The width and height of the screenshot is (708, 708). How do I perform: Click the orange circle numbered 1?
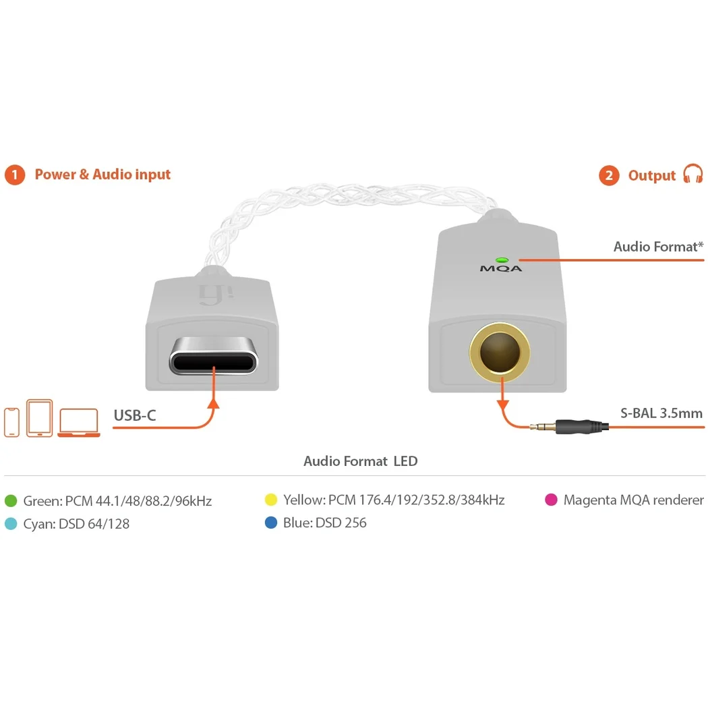(14, 175)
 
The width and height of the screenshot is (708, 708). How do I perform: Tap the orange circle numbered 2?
(609, 175)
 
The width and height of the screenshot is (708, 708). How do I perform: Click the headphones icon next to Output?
(693, 174)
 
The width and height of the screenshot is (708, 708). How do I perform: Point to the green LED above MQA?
(502, 260)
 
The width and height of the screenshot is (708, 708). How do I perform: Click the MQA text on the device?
(501, 268)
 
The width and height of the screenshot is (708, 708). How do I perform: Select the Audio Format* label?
(658, 247)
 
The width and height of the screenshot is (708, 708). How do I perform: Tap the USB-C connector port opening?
(213, 362)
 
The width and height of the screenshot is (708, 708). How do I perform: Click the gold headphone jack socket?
(500, 351)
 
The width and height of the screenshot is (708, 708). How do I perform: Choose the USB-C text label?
(135, 415)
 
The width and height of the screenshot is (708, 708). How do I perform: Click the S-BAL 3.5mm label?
(661, 413)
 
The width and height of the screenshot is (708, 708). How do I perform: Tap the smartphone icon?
(11, 422)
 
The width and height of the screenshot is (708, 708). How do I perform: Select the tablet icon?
(40, 418)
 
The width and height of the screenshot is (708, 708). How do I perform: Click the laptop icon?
(79, 423)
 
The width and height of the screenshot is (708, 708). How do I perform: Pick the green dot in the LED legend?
(11, 501)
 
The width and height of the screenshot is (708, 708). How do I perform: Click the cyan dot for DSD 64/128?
(11, 524)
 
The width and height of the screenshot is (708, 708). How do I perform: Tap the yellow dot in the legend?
(271, 500)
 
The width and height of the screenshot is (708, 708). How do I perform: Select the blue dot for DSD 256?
(271, 523)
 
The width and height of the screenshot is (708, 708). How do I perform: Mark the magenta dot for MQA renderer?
(552, 500)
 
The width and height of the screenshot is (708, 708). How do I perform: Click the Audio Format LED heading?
(360, 461)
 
